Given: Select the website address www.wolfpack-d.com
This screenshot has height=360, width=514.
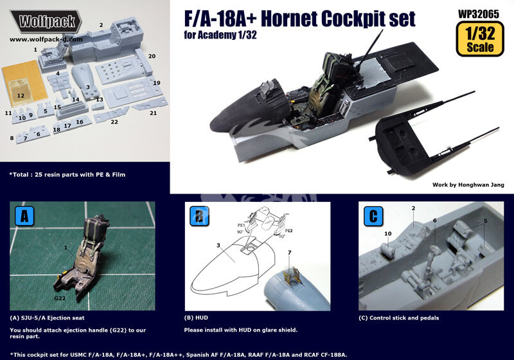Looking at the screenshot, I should (x=46, y=39).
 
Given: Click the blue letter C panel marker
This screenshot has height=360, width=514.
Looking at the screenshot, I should (x=371, y=214).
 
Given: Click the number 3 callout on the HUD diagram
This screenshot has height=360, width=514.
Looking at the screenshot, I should (x=218, y=245).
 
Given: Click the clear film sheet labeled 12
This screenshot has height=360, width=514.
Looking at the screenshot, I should (x=21, y=94).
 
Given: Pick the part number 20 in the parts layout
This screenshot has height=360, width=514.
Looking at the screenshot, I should (x=152, y=57).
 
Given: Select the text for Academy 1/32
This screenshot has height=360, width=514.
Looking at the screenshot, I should (x=204, y=34).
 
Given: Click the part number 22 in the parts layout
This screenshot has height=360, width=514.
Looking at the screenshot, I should (x=114, y=122).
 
